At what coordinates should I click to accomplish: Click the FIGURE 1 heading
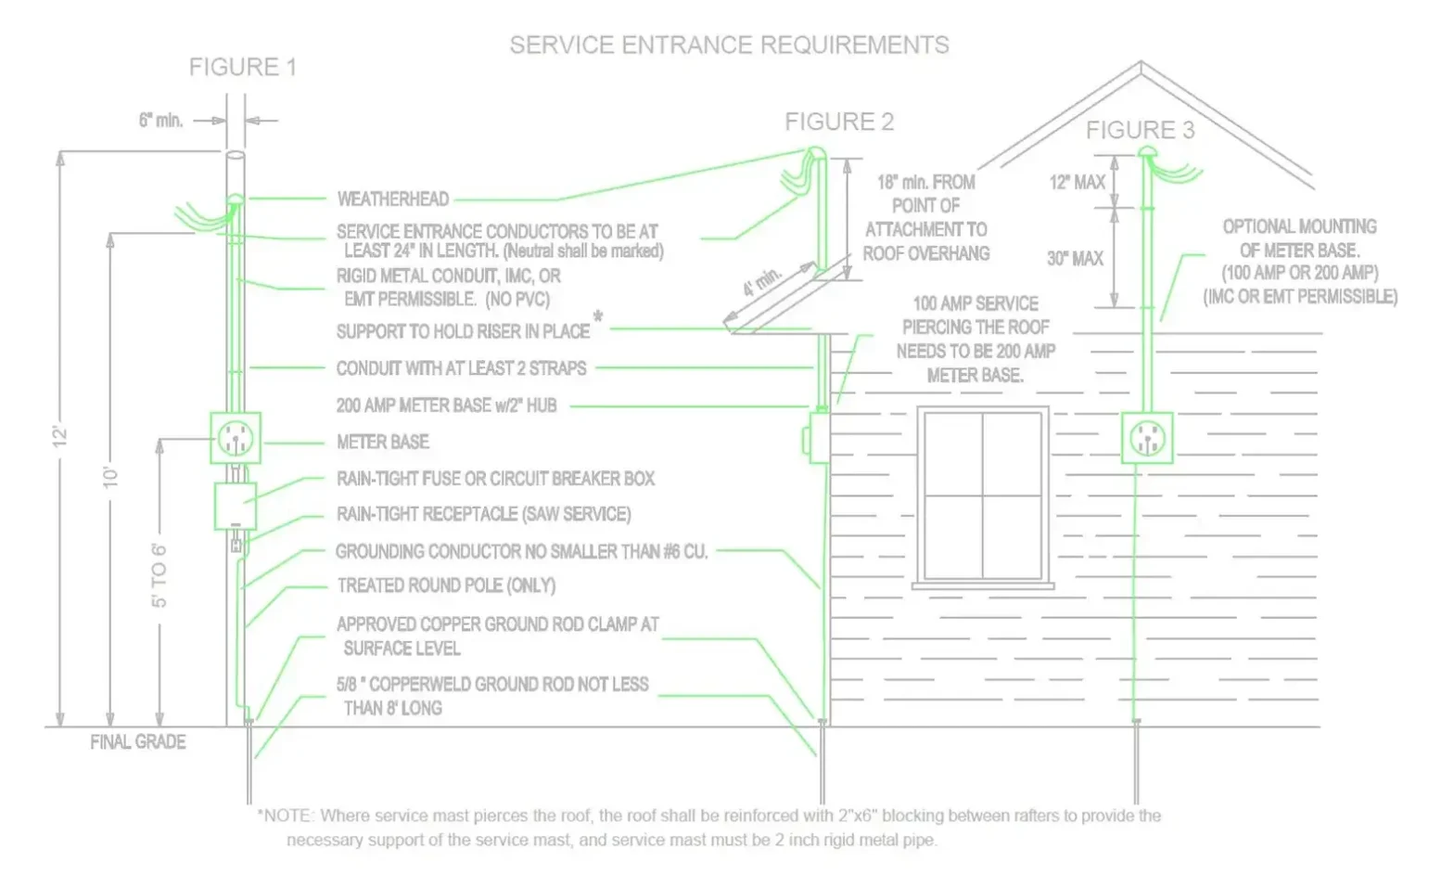243,68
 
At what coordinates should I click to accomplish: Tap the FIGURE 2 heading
839,122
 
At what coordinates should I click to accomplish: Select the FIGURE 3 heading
1140,131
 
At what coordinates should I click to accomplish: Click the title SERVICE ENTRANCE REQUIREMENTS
730,45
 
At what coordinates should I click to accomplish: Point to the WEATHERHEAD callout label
393,199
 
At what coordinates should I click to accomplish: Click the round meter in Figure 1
235,438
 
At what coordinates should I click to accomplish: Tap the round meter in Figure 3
1147,438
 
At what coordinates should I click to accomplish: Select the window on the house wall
983,497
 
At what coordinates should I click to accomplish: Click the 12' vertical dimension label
59,436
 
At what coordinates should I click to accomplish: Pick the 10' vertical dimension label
110,477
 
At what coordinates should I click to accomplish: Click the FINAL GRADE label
138,742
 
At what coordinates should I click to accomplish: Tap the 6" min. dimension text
161,121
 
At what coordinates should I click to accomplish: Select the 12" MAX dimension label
1078,183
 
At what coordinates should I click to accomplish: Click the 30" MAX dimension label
1075,259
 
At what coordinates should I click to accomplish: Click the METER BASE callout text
383,443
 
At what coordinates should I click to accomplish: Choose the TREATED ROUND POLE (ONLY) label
447,585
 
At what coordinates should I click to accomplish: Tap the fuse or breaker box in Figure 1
235,506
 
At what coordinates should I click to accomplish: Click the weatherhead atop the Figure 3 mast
1147,152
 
